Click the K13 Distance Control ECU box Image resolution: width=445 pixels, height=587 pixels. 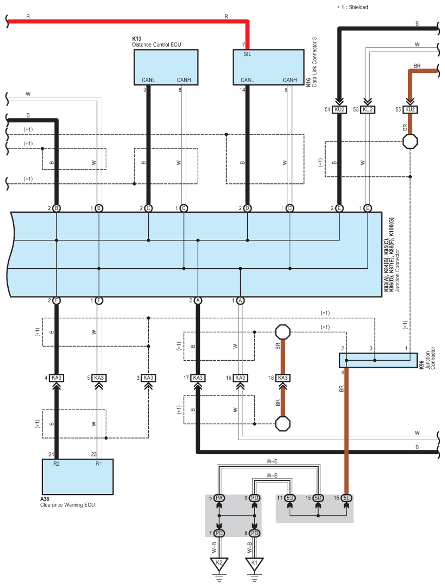tap(166, 67)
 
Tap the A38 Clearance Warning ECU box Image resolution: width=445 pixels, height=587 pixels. tap(78, 477)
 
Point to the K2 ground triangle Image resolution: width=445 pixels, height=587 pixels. tap(220, 563)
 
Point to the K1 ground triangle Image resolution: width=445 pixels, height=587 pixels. tap(254, 563)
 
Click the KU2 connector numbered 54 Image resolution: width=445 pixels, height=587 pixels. tap(340, 109)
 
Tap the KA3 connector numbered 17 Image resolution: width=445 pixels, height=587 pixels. tap(198, 378)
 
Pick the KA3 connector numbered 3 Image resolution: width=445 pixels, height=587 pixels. tap(148, 378)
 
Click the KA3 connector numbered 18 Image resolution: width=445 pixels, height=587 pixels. tap(282, 378)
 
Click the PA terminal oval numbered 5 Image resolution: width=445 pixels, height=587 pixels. tap(220, 498)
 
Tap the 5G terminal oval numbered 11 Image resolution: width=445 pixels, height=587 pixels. tap(290, 498)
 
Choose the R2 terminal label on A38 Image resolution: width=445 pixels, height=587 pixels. tap(56, 464)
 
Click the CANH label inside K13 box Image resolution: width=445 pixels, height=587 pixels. tap(184, 80)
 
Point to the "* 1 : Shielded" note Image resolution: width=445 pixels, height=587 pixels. tap(352, 7)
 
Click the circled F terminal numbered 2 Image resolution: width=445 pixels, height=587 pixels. tap(57, 300)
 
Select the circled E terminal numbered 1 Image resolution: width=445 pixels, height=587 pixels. tap(368, 208)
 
